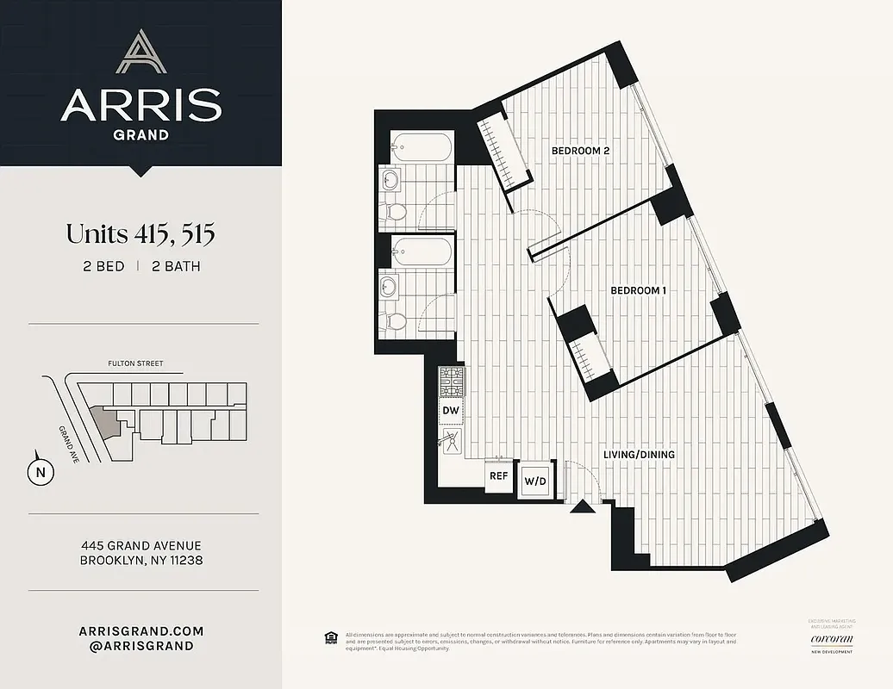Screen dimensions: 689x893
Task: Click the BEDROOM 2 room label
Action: coord(580,151)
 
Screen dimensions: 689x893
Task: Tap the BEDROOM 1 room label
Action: coord(638,291)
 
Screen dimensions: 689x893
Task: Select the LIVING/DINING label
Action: coord(638,455)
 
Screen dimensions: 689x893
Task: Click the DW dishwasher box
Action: coord(451,412)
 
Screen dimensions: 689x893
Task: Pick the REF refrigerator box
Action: coord(498,475)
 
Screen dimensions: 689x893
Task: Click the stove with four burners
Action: coord(451,382)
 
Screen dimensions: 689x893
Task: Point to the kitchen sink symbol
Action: coord(450,443)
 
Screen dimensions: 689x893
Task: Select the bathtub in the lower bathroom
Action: coord(420,251)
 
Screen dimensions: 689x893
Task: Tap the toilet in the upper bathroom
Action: coord(396,212)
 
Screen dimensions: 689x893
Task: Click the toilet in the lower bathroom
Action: coord(396,320)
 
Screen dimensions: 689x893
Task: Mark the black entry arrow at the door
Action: coord(583,507)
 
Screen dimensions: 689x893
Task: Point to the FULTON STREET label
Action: coord(135,364)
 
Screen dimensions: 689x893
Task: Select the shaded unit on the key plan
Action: coord(106,421)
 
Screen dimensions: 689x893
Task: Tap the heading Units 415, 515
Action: coord(141,233)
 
